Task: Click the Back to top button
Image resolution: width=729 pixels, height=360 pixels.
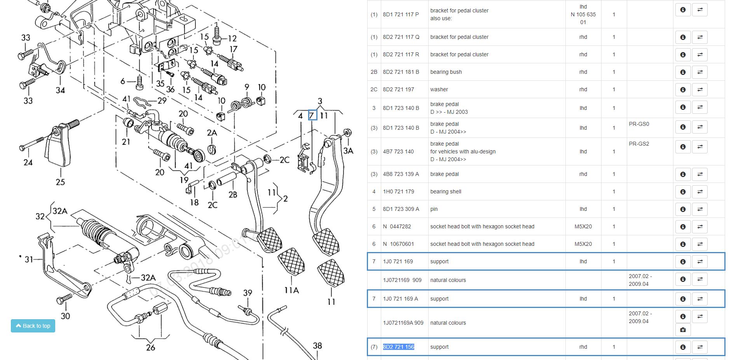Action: (33, 326)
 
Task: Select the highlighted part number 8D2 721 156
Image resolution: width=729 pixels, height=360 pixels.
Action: (398, 347)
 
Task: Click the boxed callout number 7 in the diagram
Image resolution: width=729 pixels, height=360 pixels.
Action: (312, 115)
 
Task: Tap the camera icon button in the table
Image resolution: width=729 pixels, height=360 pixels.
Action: (683, 330)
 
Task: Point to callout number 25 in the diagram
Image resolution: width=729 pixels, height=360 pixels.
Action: (60, 182)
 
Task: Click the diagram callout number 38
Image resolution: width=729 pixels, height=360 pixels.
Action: (317, 346)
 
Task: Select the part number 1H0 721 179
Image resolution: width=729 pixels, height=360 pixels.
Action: (398, 191)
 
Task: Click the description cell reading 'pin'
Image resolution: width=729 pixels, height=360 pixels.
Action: (434, 209)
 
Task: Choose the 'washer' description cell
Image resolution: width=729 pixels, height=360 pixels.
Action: (439, 89)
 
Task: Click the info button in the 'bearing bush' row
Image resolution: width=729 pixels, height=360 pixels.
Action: (683, 72)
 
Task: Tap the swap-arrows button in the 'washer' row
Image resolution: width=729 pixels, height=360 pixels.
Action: (700, 89)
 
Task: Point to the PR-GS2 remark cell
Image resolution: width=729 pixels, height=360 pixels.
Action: (639, 144)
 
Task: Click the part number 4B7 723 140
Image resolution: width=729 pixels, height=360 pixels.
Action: (398, 151)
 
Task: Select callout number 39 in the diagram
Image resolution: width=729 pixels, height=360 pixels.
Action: (248, 293)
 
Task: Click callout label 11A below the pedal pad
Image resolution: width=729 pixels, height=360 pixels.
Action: (291, 290)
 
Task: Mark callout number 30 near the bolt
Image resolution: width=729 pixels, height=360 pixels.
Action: (65, 316)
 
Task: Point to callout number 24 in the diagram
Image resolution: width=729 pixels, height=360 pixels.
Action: (28, 162)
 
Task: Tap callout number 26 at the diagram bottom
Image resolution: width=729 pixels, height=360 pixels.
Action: (150, 347)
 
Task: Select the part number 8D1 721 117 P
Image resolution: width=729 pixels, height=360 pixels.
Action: (401, 14)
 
